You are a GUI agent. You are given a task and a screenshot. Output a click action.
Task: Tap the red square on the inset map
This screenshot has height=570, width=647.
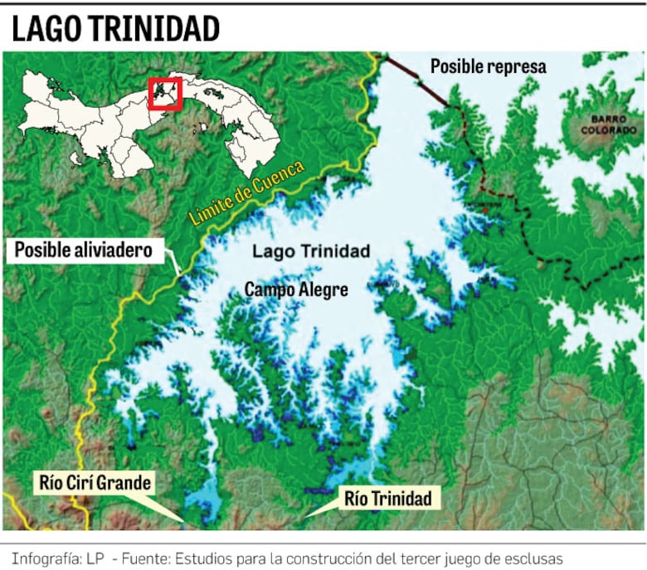click(165, 93)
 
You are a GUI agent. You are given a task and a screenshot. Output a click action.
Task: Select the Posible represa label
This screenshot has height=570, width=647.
click(488, 66)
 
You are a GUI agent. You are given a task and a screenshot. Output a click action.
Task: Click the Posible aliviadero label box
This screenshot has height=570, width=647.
click(84, 249)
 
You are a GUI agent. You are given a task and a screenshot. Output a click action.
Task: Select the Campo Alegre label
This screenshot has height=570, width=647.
click(295, 290)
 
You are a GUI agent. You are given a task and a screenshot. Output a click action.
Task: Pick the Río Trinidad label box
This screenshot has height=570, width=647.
click(387, 499)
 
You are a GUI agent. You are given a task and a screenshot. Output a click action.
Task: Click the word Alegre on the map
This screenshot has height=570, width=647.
click(323, 290)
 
